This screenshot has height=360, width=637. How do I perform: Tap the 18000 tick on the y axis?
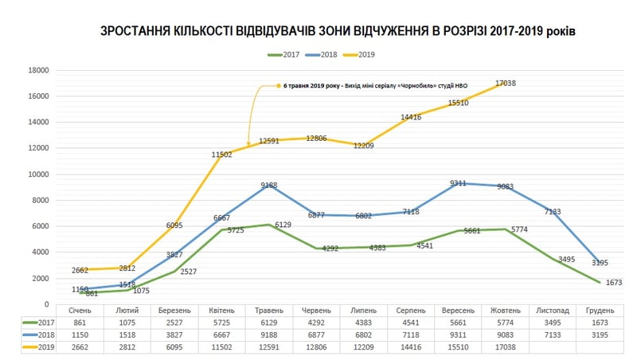click(x=39, y=70)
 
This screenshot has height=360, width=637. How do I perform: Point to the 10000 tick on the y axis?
click(x=39, y=174)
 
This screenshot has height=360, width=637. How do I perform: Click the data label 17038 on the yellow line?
click(x=506, y=83)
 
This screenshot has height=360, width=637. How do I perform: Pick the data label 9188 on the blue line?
click(x=268, y=186)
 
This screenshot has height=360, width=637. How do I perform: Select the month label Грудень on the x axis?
click(x=600, y=310)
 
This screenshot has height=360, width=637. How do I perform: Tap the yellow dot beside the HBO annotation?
click(x=278, y=85)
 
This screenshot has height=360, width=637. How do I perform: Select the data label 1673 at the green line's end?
click(x=613, y=282)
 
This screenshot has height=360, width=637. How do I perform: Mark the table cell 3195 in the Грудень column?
click(x=600, y=335)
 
